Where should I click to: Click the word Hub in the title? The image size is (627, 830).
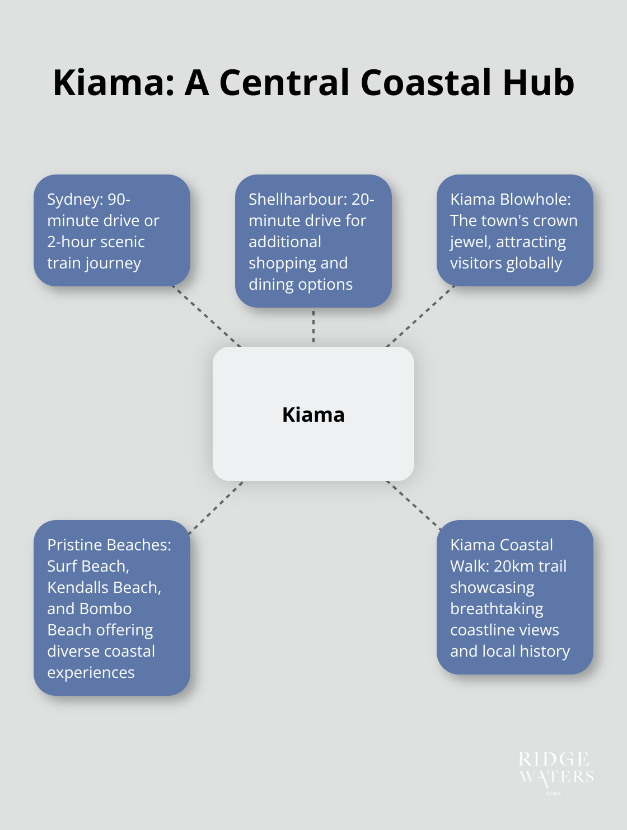click(x=539, y=83)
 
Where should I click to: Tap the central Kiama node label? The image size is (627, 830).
click(x=313, y=414)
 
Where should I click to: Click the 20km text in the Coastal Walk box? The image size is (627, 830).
click(x=511, y=567)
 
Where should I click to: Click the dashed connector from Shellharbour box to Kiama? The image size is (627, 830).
click(x=313, y=327)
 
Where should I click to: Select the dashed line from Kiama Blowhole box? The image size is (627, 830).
click(x=420, y=317)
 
